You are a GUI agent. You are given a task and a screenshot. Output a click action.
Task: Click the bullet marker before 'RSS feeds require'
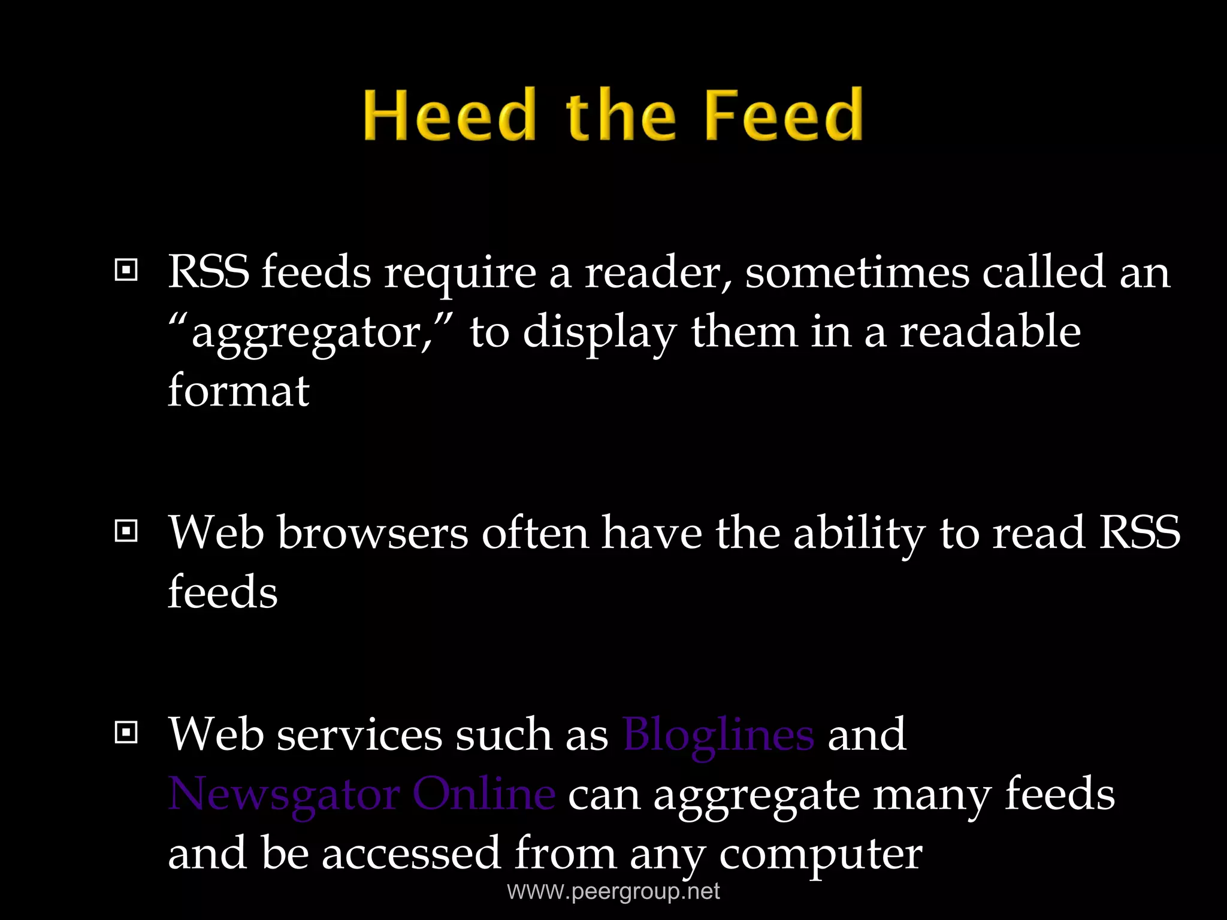[126, 271]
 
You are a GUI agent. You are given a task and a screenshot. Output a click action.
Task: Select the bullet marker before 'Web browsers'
[126, 531]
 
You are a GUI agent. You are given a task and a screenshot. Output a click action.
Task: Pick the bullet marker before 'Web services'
[126, 733]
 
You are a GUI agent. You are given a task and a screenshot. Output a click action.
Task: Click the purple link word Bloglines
[718, 734]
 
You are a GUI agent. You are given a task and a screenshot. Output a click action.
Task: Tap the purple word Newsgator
[283, 795]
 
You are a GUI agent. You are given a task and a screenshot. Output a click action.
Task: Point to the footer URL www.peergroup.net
[613, 891]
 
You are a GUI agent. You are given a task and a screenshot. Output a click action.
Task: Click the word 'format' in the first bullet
[238, 391]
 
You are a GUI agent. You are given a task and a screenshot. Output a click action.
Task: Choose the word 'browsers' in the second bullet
[372, 532]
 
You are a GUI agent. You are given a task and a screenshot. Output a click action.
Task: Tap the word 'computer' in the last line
[820, 854]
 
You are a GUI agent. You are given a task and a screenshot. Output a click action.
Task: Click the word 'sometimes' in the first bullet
[857, 273]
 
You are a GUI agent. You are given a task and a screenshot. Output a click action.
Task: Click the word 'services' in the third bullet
[359, 734]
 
